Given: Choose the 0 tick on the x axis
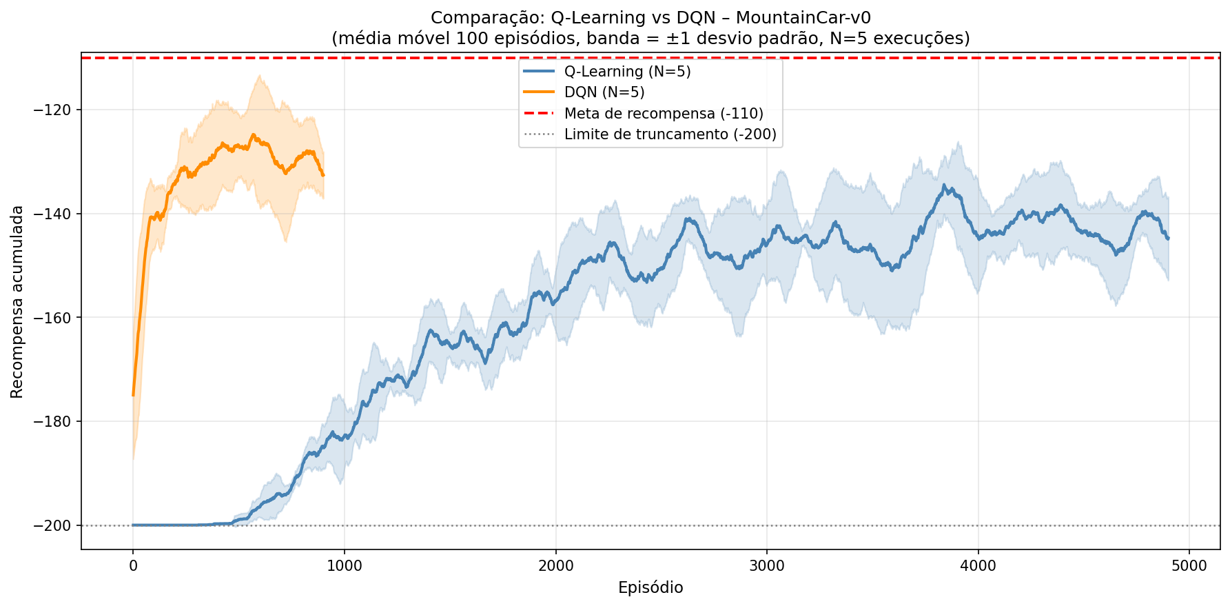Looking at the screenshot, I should tap(133, 566).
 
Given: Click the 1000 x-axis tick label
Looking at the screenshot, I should tap(345, 566).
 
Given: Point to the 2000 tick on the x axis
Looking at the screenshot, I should tap(555, 566).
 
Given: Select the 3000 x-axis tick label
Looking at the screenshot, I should tap(767, 566).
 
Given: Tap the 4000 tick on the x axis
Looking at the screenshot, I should tap(978, 566).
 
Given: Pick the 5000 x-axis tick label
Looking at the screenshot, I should tap(1189, 566).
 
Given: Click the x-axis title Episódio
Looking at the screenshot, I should tap(650, 588).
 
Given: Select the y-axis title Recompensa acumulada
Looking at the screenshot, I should tap(17, 301).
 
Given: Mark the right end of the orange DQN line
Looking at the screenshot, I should tap(323, 175).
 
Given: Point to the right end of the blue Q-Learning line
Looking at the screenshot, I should tap(1168, 239).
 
